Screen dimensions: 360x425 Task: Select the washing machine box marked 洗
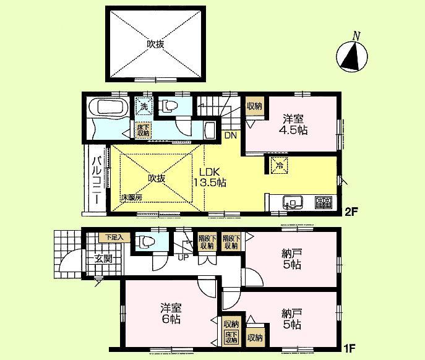(143, 106)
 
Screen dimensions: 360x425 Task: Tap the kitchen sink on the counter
(291, 201)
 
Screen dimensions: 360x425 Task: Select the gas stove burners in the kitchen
(323, 201)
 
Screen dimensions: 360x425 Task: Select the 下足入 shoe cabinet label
(114, 236)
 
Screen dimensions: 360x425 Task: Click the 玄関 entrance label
(103, 259)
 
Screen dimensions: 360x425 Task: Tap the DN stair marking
(230, 135)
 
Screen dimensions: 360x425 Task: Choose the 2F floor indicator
(351, 212)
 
